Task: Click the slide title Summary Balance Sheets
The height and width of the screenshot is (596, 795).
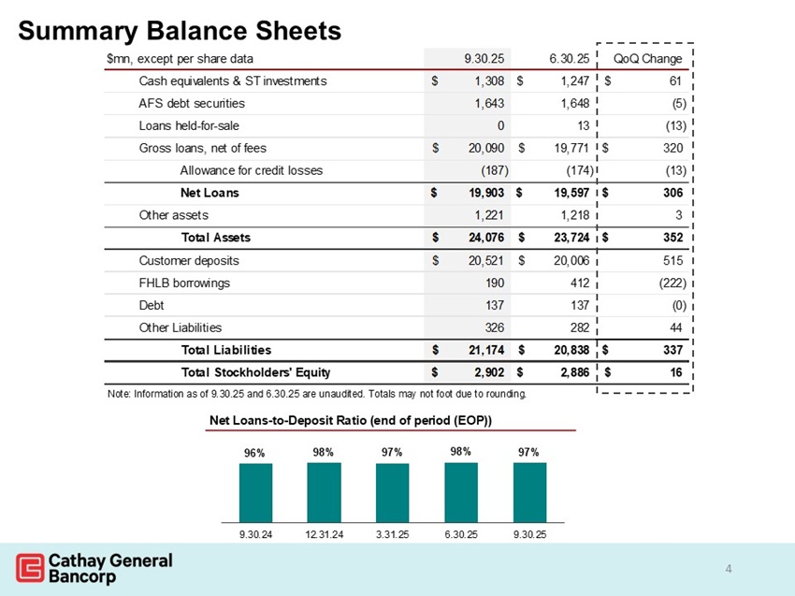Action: point(180,31)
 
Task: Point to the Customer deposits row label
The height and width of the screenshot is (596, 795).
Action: point(189,260)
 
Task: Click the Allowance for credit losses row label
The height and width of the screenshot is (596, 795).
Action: point(251,170)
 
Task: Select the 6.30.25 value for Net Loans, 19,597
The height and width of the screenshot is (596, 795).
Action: point(567,193)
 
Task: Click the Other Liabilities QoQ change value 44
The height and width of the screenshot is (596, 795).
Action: point(677,327)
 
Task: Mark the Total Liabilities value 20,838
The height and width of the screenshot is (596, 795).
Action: point(567,350)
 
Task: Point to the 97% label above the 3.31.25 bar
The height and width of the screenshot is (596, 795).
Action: point(392,453)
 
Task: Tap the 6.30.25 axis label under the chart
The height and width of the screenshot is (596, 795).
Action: point(460,535)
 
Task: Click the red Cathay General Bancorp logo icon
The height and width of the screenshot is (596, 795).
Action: point(29,568)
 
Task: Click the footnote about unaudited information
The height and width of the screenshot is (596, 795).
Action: point(316,394)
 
